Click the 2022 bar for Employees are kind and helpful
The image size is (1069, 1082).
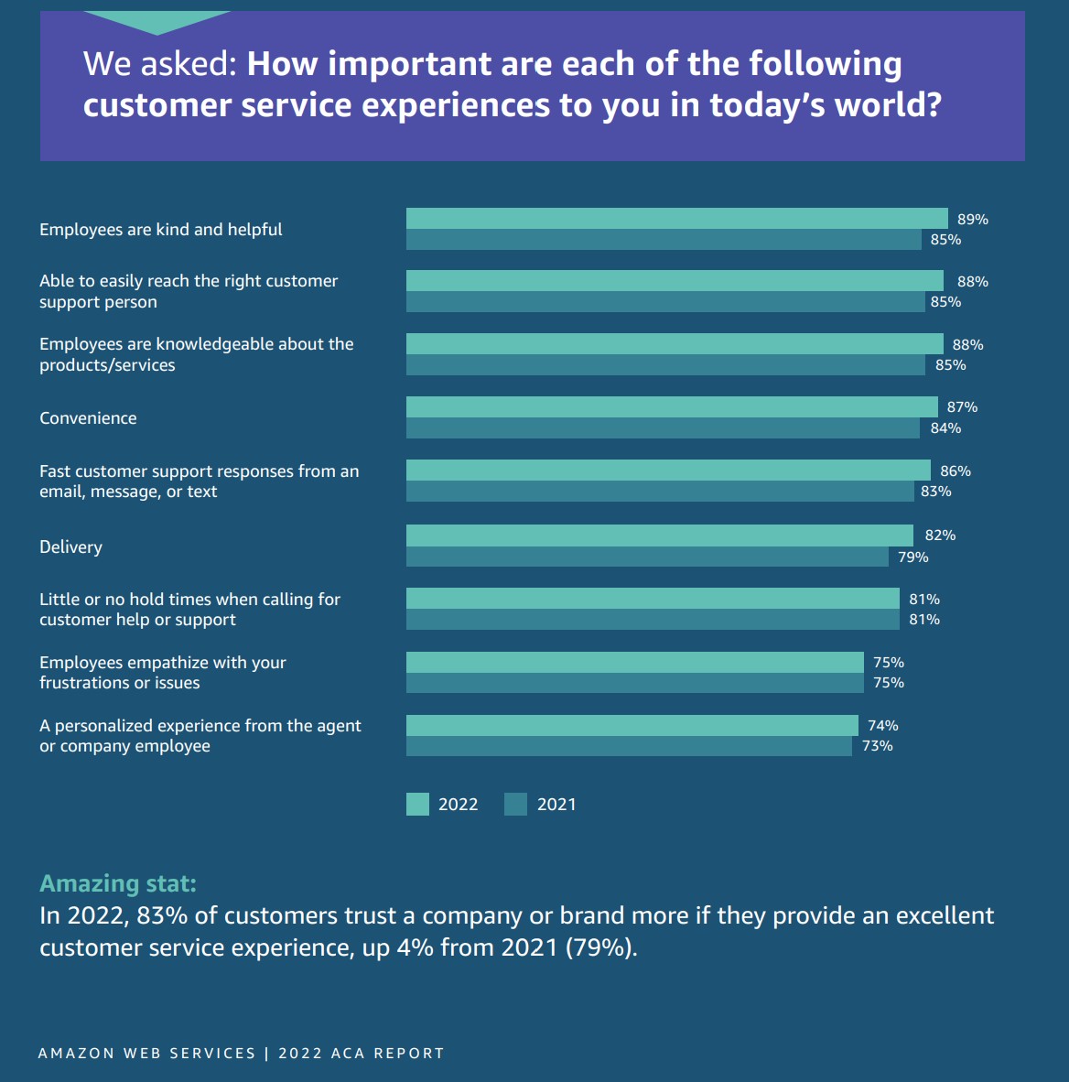pos(677,219)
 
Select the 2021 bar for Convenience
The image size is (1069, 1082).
pos(663,428)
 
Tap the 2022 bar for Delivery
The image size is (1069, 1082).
pos(660,536)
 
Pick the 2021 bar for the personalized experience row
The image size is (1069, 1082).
pos(629,746)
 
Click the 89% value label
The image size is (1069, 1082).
pos(973,220)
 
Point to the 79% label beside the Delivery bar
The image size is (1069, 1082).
pos(913,557)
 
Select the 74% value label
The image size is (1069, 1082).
pos(883,726)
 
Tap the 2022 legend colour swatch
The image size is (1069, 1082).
pos(417,805)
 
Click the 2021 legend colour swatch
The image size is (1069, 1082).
pos(516,805)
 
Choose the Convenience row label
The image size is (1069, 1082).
pos(88,418)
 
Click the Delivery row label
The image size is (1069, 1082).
pos(70,547)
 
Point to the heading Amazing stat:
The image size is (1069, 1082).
pos(118,883)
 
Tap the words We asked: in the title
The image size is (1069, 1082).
pos(160,64)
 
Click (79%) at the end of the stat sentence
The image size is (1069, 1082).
pos(600,947)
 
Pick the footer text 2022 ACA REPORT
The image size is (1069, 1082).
pos(362,1054)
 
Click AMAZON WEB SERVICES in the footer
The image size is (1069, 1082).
pos(146,1054)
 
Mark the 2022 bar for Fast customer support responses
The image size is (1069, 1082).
pos(668,471)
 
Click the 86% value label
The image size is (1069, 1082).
pos(956,471)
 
